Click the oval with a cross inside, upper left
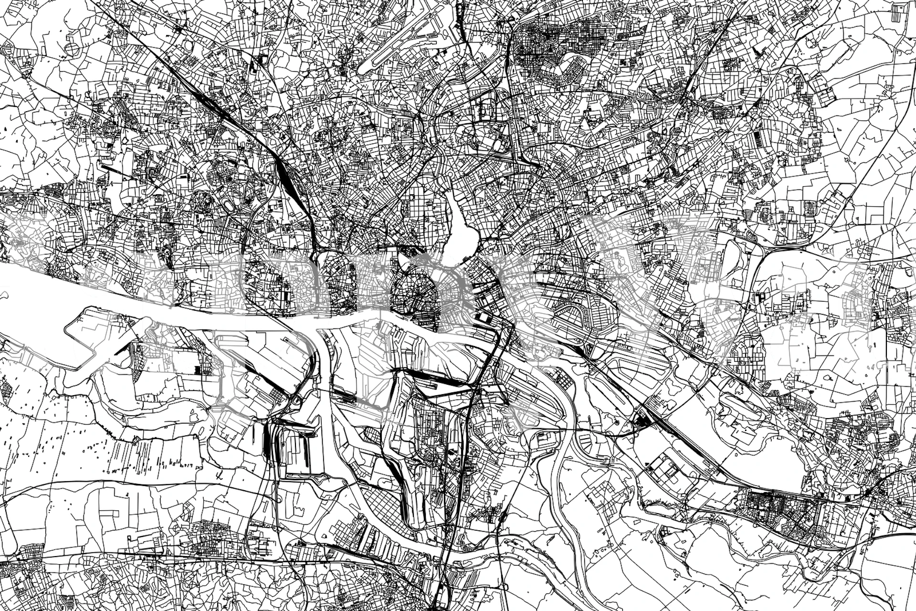pyautogui.click(x=72, y=49)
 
